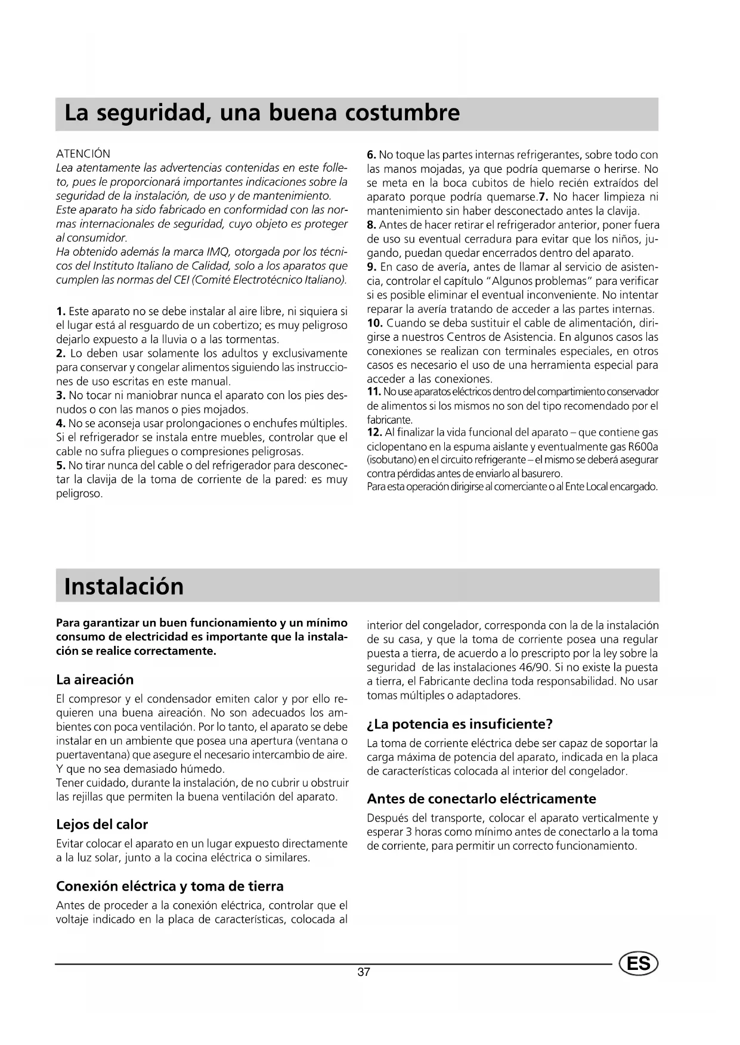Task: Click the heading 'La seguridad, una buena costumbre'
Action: pos(262,113)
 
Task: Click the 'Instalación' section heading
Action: pos(124,586)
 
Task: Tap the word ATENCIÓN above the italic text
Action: pos(83,154)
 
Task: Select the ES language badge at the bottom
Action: pos(639,964)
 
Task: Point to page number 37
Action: pos(364,972)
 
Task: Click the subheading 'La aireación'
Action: pos(95,680)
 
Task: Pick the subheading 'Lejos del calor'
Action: pos(101,825)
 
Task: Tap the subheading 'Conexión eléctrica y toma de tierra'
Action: pos(169,886)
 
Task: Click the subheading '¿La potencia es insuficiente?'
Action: pos(460,724)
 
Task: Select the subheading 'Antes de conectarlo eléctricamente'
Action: pos(481,799)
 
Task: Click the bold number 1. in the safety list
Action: pos(61,312)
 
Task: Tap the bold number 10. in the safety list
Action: pos(374,324)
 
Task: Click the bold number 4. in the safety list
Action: pos(60,424)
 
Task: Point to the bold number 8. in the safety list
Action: pos(371,225)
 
